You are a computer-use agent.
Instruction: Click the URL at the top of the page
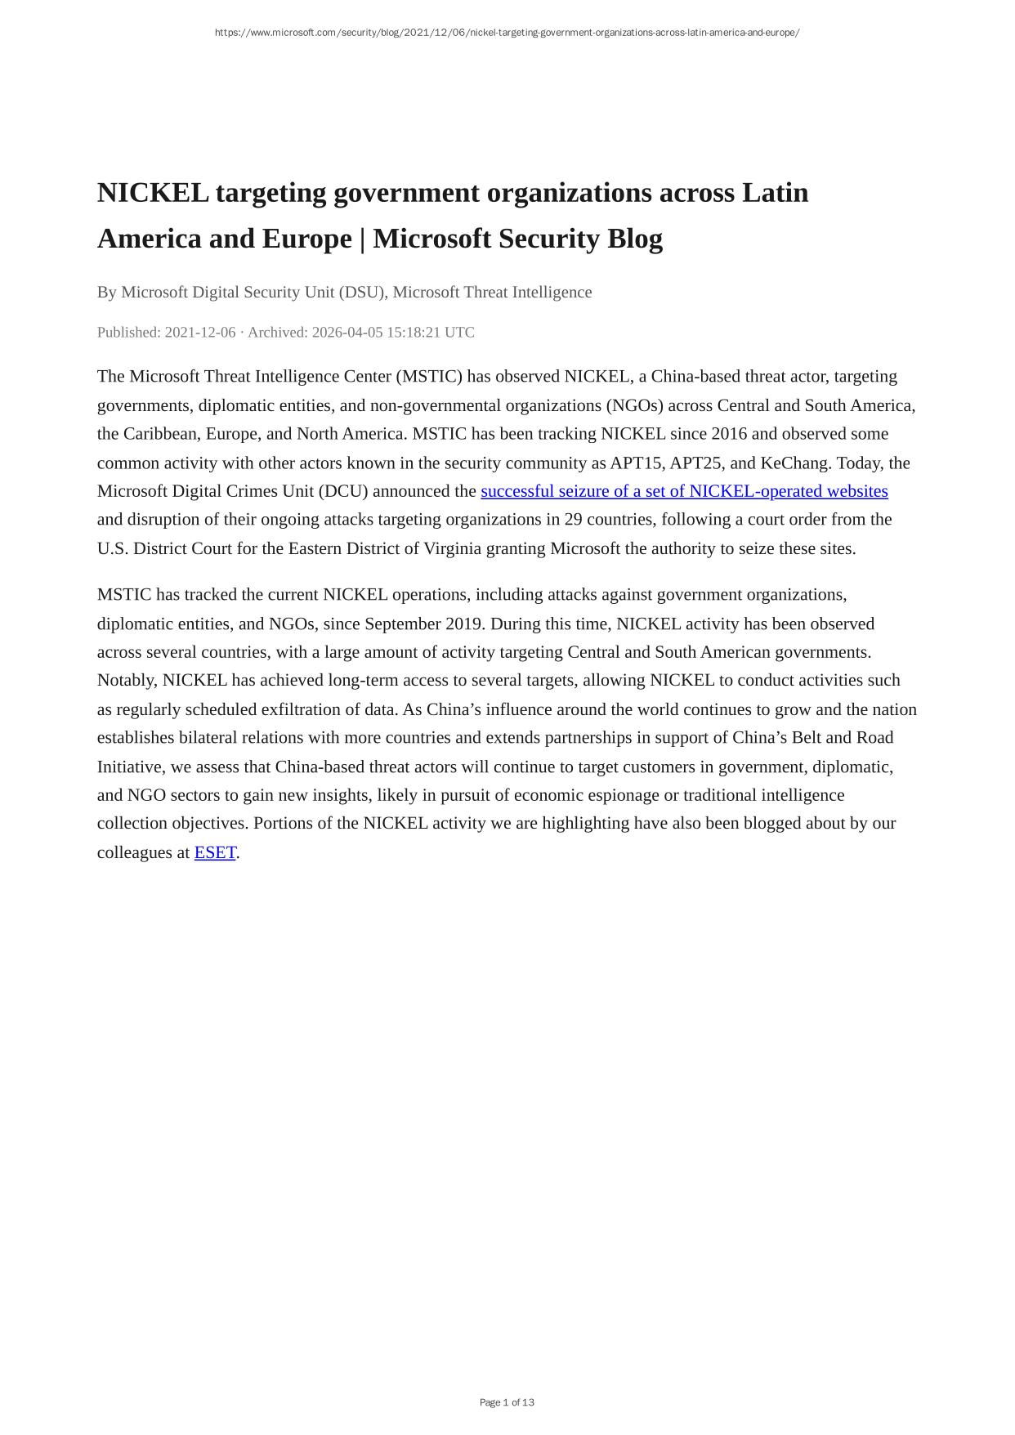507,33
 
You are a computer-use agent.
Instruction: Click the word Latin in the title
775,193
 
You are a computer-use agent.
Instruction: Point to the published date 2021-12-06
200,333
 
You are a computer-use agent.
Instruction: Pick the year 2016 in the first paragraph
729,434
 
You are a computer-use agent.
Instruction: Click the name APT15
636,463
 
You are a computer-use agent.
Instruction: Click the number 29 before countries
573,520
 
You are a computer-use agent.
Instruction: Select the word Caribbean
159,434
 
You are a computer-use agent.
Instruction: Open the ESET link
215,852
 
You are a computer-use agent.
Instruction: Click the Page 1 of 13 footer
507,1402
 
